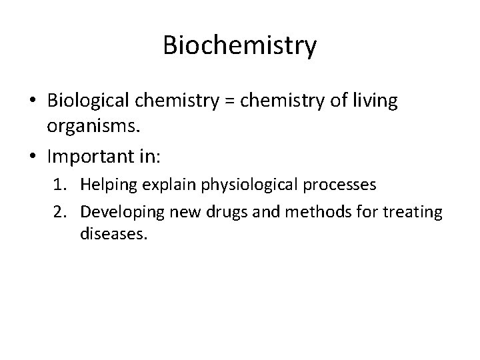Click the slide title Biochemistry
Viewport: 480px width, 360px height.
(x=240, y=47)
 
